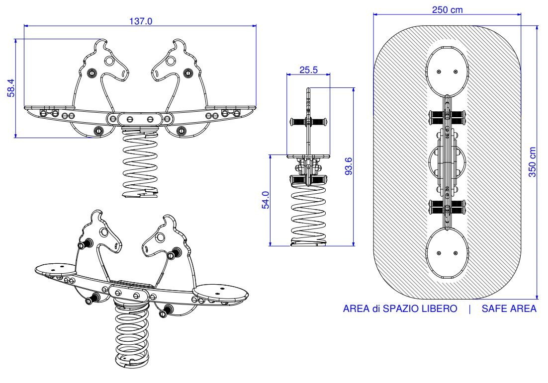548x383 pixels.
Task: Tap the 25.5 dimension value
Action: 308,70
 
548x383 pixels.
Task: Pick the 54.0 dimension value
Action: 265,200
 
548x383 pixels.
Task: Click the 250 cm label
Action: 447,10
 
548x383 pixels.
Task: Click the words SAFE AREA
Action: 509,308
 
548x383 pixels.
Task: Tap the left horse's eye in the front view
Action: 109,62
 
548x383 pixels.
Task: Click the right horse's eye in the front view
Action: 171,61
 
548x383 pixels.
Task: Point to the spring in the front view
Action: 140,164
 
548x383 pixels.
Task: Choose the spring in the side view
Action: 308,214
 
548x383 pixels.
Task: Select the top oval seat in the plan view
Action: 447,70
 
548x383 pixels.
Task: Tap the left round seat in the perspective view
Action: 55,268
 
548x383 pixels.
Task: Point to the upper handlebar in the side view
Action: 308,121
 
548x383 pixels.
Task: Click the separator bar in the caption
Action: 469,308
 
